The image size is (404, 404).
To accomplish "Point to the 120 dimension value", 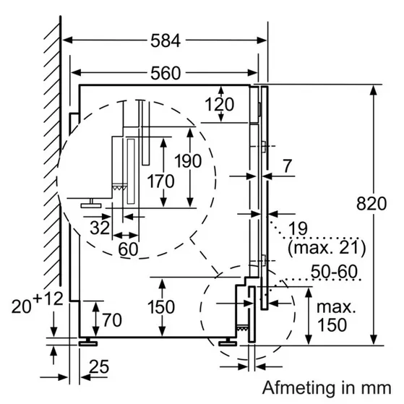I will [218, 104].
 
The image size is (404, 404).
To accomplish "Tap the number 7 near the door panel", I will [288, 166].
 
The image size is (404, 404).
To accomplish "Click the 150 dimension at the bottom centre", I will [161, 306].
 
